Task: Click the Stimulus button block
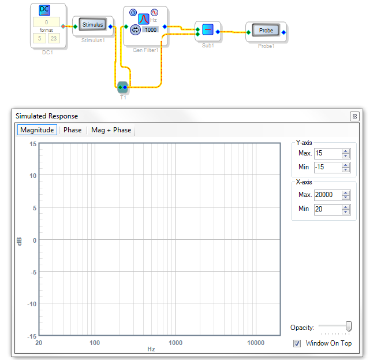pyautogui.click(x=92, y=24)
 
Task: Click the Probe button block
pyautogui.click(x=266, y=30)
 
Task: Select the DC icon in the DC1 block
pyautogui.click(x=44, y=10)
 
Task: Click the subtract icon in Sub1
pyautogui.click(x=208, y=29)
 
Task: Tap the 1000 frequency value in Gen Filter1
pyautogui.click(x=151, y=29)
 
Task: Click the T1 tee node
pyautogui.click(x=122, y=87)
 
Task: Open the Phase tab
pyautogui.click(x=72, y=130)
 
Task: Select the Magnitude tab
pyautogui.click(x=37, y=130)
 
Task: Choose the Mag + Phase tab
pyautogui.click(x=111, y=130)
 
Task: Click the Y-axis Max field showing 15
pyautogui.click(x=328, y=153)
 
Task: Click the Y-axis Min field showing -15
pyautogui.click(x=328, y=167)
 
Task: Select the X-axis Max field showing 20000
pyautogui.click(x=328, y=195)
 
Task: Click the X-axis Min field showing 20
pyautogui.click(x=328, y=209)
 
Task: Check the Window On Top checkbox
pyautogui.click(x=297, y=343)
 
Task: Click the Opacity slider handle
pyautogui.click(x=348, y=326)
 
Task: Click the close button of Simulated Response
pyautogui.click(x=354, y=117)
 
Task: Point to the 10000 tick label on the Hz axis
pyautogui.click(x=256, y=343)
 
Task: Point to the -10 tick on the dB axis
pyautogui.click(x=32, y=304)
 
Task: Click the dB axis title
pyautogui.click(x=19, y=242)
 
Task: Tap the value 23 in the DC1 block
pyautogui.click(x=54, y=38)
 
